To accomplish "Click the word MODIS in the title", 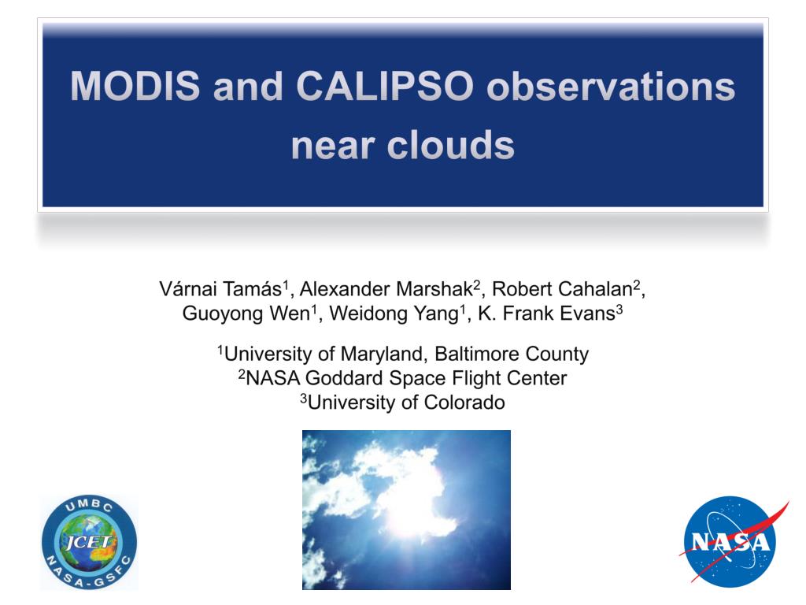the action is (x=135, y=85).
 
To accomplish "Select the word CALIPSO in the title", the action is (x=384, y=85).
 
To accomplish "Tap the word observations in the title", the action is (x=611, y=85).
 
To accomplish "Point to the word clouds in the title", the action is (x=450, y=145).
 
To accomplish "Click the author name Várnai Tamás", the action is (x=220, y=289).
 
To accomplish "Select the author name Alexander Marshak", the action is (x=386, y=289).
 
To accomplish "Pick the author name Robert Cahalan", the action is (x=562, y=289).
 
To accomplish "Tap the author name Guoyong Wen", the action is (x=246, y=314).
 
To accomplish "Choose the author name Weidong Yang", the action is (x=394, y=314).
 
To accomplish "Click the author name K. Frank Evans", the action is (x=546, y=314).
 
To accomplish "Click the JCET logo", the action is (x=90, y=542).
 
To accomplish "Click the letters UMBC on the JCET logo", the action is (x=90, y=505).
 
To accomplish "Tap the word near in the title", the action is (x=332, y=146).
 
